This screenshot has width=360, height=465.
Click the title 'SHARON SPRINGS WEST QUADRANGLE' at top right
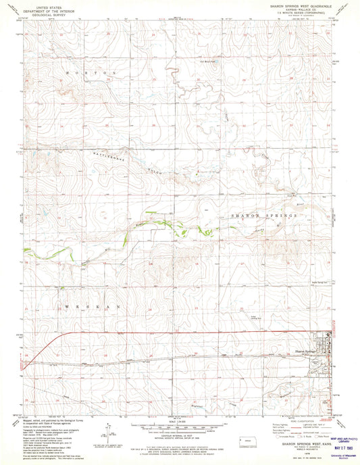coord(303,6)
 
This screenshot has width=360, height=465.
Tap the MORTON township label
coord(91,71)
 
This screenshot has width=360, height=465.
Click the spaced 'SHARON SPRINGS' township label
coord(264,215)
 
